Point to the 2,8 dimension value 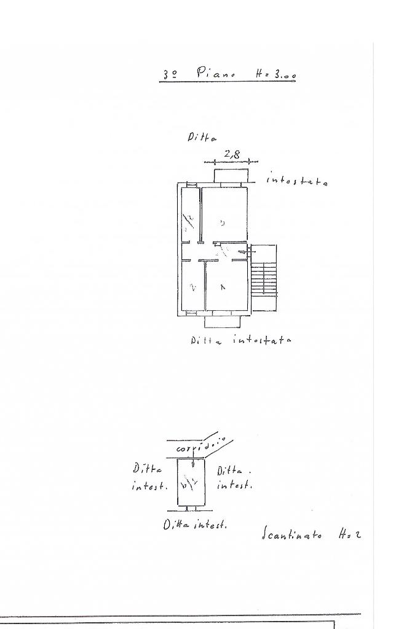point(232,155)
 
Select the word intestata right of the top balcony point(297,181)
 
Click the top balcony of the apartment point(231,176)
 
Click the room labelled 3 point(224,215)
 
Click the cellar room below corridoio point(191,483)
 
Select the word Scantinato point(291,534)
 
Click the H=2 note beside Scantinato point(349,534)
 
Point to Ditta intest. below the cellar point(195,525)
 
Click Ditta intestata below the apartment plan point(240,340)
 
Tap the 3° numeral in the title point(170,74)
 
